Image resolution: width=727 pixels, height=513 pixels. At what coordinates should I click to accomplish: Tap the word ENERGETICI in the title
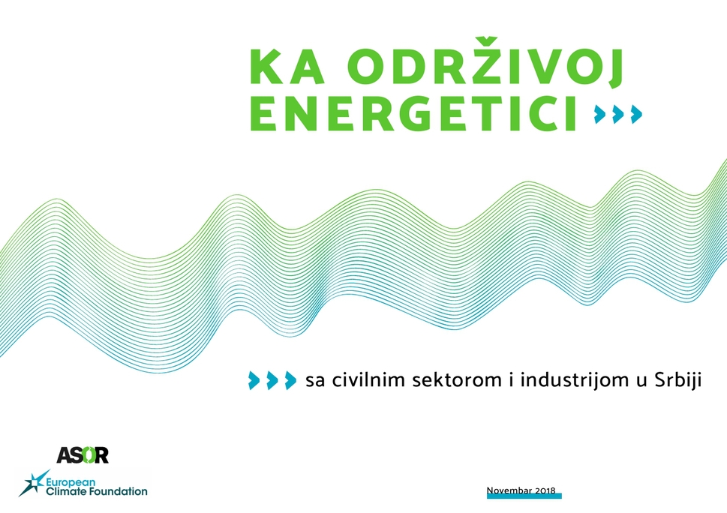click(x=413, y=114)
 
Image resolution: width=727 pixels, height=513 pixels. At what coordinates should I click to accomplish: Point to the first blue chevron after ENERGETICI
click(x=600, y=114)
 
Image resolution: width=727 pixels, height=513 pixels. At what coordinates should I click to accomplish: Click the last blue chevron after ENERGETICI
click(x=636, y=114)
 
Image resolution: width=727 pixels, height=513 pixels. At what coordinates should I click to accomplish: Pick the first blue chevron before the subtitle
click(x=254, y=380)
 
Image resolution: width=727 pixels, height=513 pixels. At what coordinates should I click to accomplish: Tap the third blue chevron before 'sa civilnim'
click(x=290, y=380)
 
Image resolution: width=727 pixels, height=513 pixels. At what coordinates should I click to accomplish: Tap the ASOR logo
click(x=83, y=455)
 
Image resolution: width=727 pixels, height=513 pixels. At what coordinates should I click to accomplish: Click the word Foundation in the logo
click(x=117, y=491)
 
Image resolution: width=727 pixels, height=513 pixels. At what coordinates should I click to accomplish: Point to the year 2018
click(x=545, y=490)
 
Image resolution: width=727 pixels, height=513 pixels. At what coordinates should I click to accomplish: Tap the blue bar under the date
click(x=524, y=496)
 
